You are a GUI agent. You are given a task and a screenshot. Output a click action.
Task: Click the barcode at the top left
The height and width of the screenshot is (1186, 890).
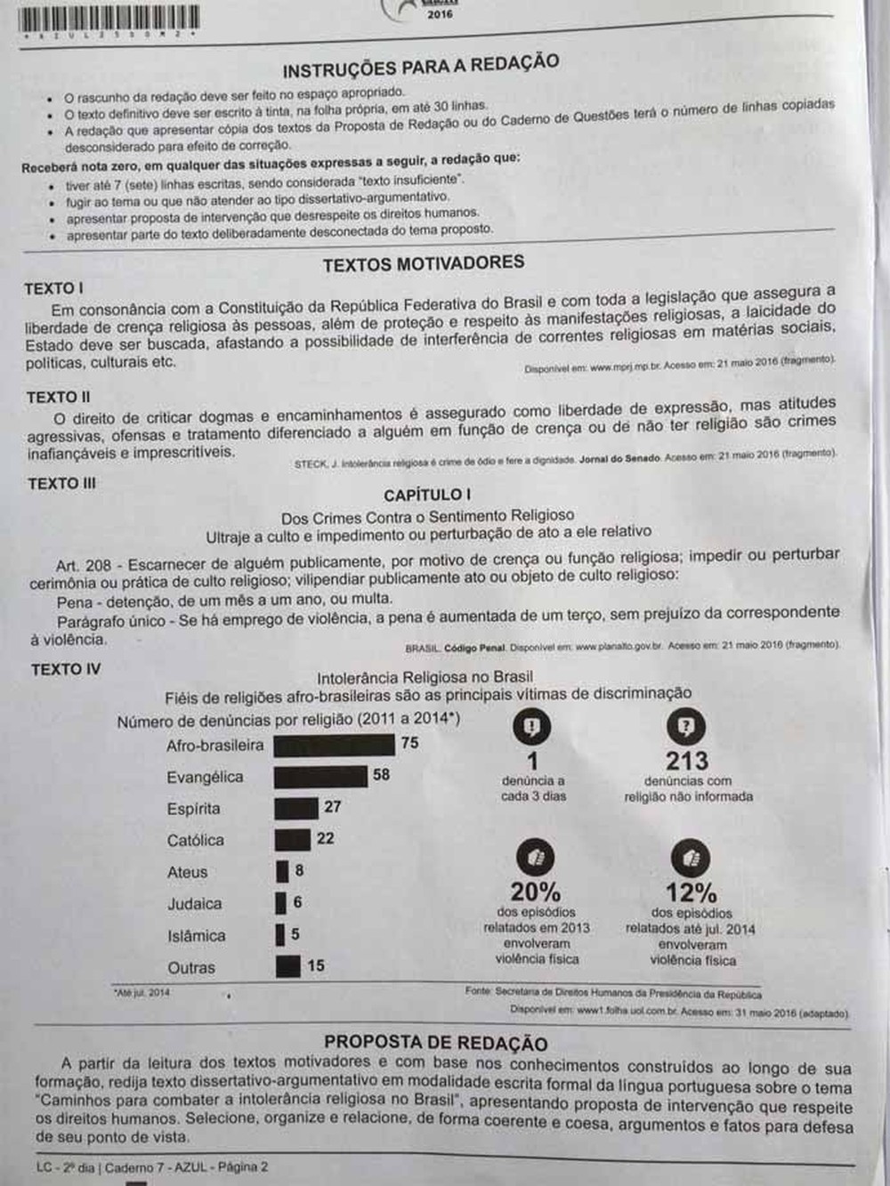pyautogui.click(x=108, y=19)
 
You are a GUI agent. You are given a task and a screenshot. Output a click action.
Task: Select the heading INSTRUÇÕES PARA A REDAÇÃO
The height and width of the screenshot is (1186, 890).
pyautogui.click(x=421, y=66)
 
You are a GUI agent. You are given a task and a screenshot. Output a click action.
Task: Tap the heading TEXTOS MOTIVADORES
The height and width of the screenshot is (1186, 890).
pyautogui.click(x=424, y=263)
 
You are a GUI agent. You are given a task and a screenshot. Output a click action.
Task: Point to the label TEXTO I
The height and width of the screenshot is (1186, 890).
pyautogui.click(x=54, y=288)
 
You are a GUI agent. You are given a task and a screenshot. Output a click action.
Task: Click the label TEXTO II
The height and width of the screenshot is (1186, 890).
pyautogui.click(x=59, y=397)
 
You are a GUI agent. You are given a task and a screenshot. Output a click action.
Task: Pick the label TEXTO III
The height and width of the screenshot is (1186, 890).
pyautogui.click(x=61, y=483)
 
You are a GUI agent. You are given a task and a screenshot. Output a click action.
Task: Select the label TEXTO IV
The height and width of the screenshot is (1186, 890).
pyautogui.click(x=66, y=669)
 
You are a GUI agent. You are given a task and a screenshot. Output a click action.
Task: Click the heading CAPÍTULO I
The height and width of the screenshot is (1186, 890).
pyautogui.click(x=427, y=495)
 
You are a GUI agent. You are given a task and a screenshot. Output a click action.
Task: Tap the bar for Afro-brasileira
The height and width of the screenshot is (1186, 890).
pyautogui.click(x=334, y=745)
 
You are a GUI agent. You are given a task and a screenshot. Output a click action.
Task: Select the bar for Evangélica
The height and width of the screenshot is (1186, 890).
pyautogui.click(x=320, y=777)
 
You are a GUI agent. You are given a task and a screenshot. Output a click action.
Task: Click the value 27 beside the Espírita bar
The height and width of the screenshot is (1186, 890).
pyautogui.click(x=332, y=807)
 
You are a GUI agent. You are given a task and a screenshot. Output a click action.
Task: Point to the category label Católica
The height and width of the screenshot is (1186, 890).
pyautogui.click(x=196, y=840)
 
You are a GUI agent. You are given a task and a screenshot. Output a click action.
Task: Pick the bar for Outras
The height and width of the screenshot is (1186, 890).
pyautogui.click(x=287, y=966)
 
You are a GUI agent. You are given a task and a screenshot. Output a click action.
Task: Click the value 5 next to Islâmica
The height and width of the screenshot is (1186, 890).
pyautogui.click(x=295, y=935)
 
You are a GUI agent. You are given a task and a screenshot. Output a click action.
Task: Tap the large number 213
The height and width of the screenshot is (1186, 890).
pyautogui.click(x=687, y=762)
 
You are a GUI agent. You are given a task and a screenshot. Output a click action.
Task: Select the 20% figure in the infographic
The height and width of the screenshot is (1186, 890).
pyautogui.click(x=536, y=892)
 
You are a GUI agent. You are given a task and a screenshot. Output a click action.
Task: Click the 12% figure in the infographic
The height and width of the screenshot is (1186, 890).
pyautogui.click(x=691, y=892)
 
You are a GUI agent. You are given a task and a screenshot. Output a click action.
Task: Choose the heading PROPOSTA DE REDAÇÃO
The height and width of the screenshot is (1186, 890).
pyautogui.click(x=436, y=1043)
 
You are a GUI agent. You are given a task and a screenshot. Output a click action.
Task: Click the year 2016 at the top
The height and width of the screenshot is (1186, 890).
pyautogui.click(x=440, y=14)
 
